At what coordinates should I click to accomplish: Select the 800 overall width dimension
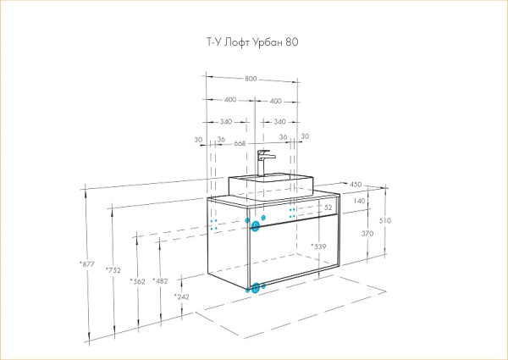coord(251,79)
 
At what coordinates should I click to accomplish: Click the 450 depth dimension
coord(356,184)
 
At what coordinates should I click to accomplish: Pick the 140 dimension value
coord(360,202)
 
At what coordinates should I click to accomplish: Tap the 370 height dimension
coord(367,234)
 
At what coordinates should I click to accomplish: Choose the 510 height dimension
coord(385,219)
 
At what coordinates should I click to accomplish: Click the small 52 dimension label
coord(329,207)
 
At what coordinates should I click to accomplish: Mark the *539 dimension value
coord(318,246)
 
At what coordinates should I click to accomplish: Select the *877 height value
coord(87,263)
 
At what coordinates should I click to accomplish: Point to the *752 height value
coord(112,269)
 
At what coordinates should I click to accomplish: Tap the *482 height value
coord(160,280)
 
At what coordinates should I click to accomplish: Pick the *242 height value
coord(181,296)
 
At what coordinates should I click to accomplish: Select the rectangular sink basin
coord(264,184)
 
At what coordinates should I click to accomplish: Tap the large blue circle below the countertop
coord(255,226)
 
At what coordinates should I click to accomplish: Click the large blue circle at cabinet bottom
coord(253,288)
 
